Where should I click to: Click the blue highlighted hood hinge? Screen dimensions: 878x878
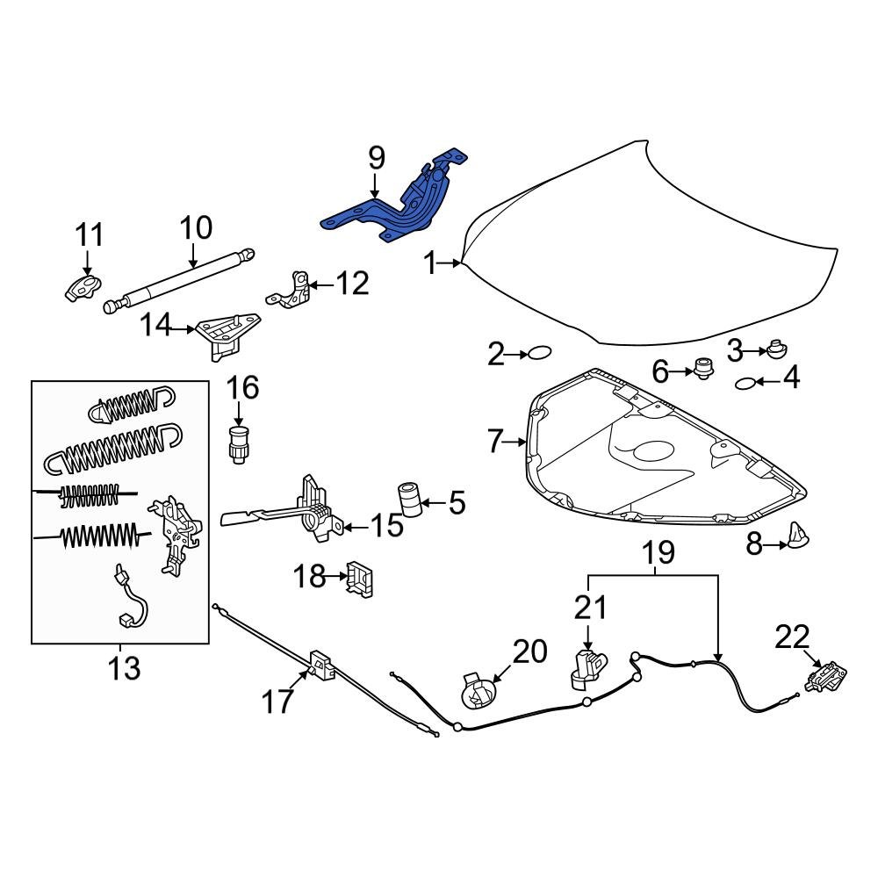(x=399, y=206)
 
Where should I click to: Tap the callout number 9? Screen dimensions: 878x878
(x=376, y=158)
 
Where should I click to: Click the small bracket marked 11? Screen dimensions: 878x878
(x=83, y=286)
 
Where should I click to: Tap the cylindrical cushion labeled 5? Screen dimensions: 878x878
(x=409, y=500)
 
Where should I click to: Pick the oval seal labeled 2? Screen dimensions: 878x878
(x=539, y=354)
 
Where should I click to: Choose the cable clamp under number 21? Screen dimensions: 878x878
(x=586, y=667)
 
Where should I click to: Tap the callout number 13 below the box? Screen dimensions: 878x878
(x=123, y=668)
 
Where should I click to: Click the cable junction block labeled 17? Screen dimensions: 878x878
(x=321, y=665)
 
